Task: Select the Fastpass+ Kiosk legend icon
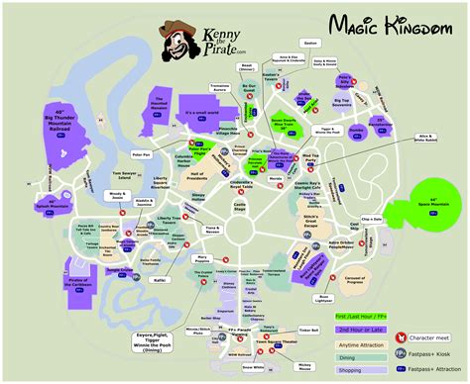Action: pos(399,351)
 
